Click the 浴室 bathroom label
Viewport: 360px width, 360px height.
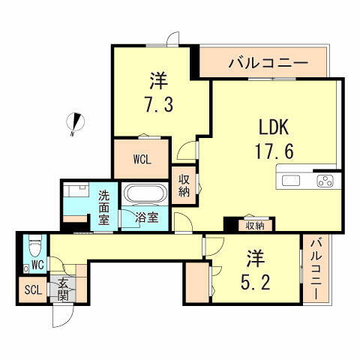pos(147,218)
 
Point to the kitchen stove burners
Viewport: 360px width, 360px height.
pos(326,180)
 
